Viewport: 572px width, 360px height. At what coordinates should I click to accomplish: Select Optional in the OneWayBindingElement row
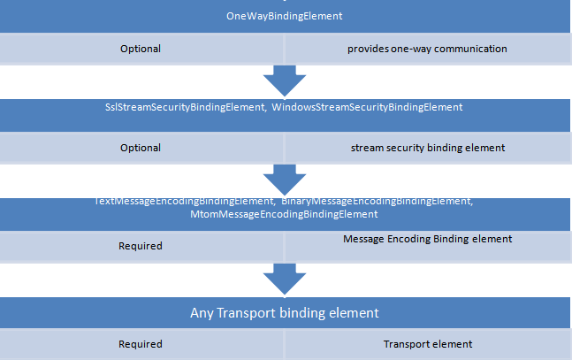coord(141,49)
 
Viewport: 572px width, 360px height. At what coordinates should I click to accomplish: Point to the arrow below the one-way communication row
coord(285,80)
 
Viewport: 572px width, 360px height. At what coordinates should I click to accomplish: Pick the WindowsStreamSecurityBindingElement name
coord(367,107)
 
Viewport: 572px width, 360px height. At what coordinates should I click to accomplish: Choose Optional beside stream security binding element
coord(141,148)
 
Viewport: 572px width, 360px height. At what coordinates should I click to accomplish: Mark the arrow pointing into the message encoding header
coord(285,180)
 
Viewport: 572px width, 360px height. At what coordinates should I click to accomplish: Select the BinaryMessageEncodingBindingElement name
coord(377,202)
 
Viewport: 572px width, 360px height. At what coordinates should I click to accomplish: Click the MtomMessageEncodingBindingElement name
coord(284,215)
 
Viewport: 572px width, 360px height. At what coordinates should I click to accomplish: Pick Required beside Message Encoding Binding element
coord(141,246)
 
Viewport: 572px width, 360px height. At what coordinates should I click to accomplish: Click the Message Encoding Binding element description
coord(427,239)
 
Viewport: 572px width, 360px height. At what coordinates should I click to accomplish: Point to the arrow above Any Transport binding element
coord(285,280)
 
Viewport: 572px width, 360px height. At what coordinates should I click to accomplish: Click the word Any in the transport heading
coord(201,313)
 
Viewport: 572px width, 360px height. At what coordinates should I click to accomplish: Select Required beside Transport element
coord(141,344)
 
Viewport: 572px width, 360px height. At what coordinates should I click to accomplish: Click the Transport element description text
coord(428,344)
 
